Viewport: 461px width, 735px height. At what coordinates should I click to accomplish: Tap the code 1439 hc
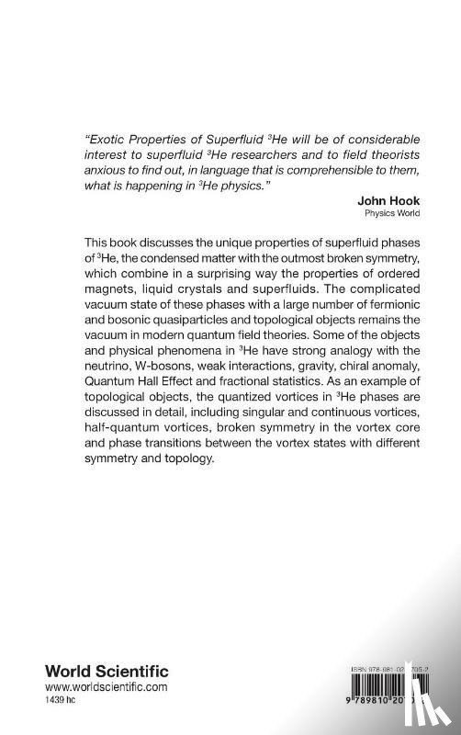(37, 700)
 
